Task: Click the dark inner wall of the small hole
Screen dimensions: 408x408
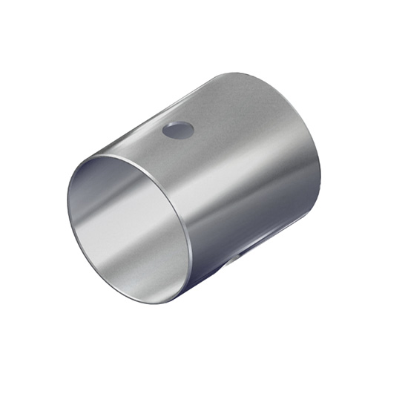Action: (176, 128)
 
